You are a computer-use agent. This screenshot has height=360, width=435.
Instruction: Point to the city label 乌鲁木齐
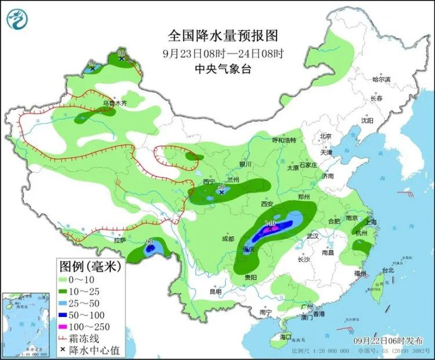point(114,102)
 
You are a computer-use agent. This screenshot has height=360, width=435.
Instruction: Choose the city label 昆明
point(215,291)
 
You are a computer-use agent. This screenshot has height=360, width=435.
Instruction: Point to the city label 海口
point(285,336)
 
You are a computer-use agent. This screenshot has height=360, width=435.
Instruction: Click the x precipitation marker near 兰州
point(221,193)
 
